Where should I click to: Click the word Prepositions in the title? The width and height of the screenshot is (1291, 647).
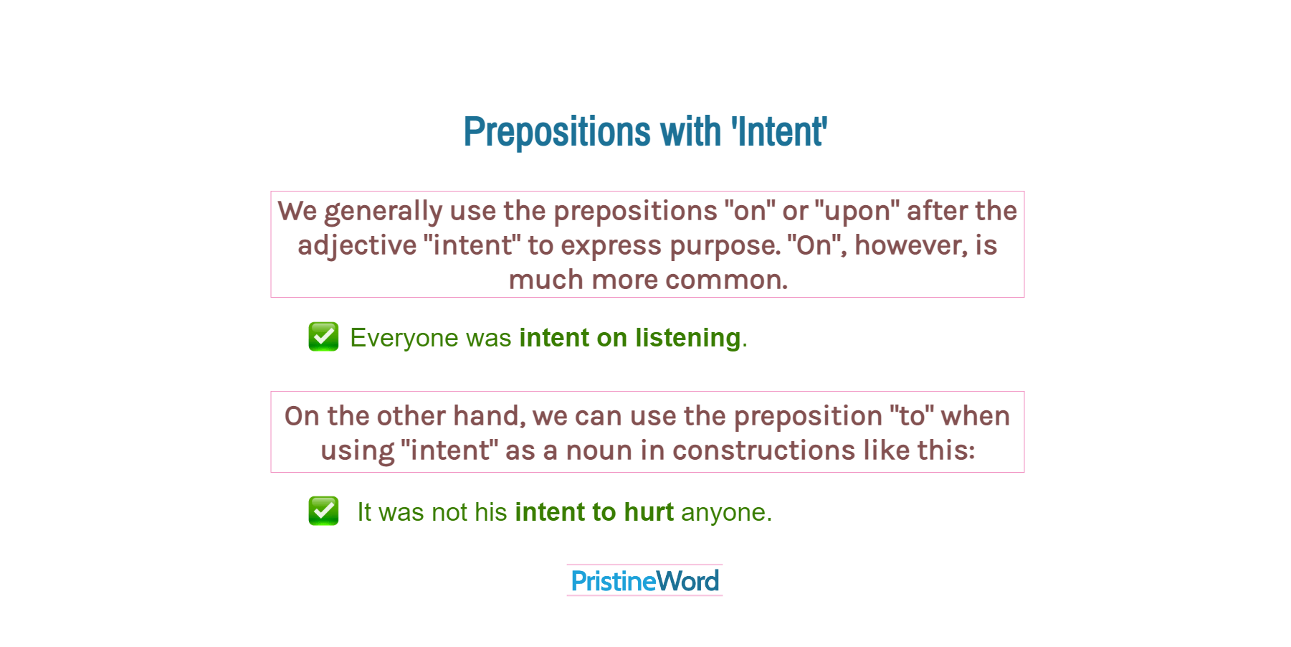(557, 132)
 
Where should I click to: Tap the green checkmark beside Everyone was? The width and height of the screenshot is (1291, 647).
(323, 336)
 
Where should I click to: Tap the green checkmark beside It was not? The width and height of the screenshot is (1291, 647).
(323, 511)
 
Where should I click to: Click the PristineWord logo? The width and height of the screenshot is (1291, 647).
(644, 580)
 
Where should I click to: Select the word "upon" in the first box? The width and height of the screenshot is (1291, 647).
(857, 211)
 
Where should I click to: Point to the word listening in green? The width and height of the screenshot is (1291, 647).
(687, 337)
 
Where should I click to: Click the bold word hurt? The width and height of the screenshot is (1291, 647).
(648, 512)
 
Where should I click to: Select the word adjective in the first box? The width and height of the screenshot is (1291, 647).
(357, 245)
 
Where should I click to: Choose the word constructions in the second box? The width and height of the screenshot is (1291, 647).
(763, 450)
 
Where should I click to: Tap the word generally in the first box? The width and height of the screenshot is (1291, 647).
(383, 211)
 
